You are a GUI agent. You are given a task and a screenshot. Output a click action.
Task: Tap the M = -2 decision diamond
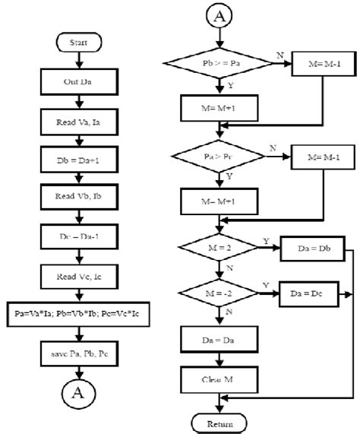pos(219,293)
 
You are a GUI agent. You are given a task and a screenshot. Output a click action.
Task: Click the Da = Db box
pos(311,249)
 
